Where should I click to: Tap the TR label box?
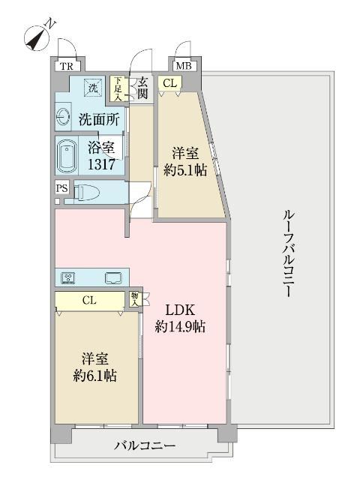coord(67,66)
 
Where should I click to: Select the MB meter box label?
coord(184,66)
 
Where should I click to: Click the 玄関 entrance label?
coord(142,88)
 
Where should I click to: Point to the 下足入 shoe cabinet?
coord(118,88)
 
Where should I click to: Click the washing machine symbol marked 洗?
coord(93,88)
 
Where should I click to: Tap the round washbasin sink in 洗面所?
coord(64,117)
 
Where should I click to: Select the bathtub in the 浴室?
coord(67,156)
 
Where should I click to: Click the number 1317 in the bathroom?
coord(102,164)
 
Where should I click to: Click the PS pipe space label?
coord(61,187)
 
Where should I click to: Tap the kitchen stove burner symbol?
coord(68,278)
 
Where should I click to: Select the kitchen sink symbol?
coord(113,278)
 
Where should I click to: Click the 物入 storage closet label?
coord(135,299)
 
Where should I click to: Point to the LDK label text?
coord(180,310)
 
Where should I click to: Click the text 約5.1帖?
coord(185,170)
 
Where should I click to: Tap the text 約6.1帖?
coord(95,376)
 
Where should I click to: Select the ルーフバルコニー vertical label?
coord(288,253)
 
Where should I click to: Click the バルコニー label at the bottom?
coord(145,445)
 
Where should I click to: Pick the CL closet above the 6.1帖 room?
coord(90,301)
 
